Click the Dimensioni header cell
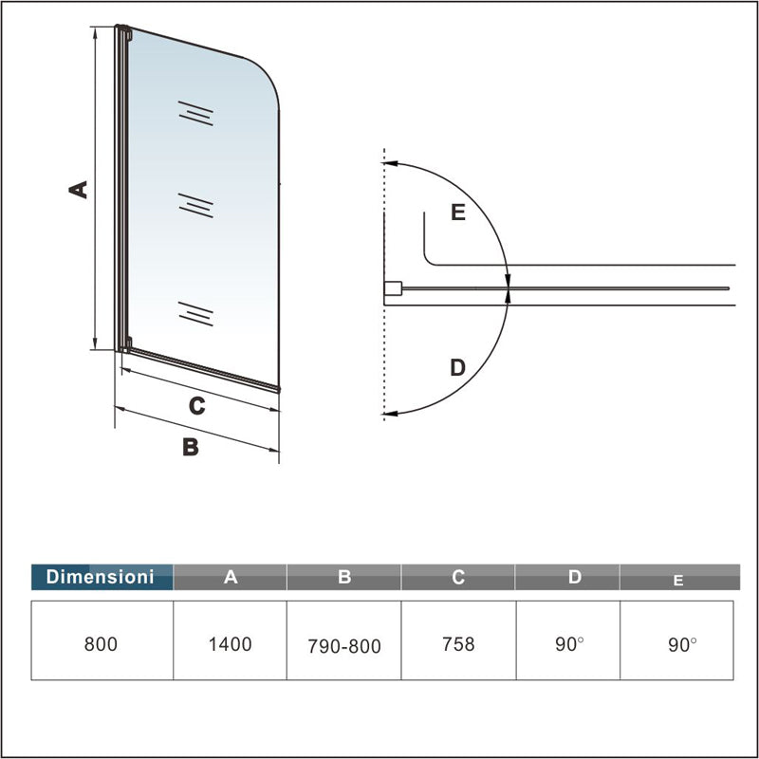click(x=102, y=577)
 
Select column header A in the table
click(x=231, y=577)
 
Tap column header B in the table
click(x=344, y=577)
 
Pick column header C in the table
click(x=458, y=577)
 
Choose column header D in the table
click(x=574, y=577)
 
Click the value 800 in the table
click(x=101, y=644)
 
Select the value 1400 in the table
click(x=231, y=644)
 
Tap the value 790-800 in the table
click(x=344, y=646)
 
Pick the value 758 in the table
click(x=458, y=644)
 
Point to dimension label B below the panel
click(x=191, y=447)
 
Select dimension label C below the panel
click(x=196, y=406)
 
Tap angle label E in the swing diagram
click(x=458, y=213)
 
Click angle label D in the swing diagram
click(x=457, y=366)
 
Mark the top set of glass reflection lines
click(x=195, y=114)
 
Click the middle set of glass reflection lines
click(x=195, y=206)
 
